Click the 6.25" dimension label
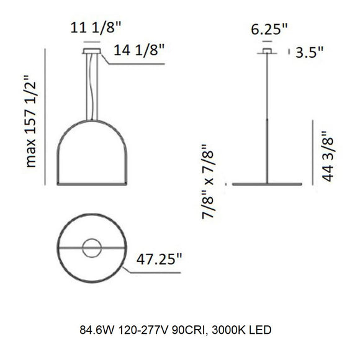268,28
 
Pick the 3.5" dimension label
310,53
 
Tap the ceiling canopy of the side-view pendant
268,50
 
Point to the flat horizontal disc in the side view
268,184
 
